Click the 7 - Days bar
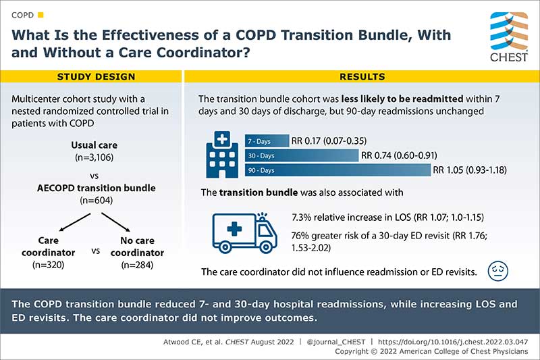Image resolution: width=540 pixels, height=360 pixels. [267, 141]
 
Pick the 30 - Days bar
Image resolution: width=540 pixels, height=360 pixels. [301, 155]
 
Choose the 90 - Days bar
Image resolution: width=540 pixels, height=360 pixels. [337, 170]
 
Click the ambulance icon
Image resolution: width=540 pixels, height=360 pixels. [244, 233]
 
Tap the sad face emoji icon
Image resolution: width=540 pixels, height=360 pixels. [497, 272]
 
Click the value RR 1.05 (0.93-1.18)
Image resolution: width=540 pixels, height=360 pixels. [469, 170]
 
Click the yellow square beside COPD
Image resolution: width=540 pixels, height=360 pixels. [40, 14]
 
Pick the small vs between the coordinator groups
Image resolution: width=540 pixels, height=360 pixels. [95, 251]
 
